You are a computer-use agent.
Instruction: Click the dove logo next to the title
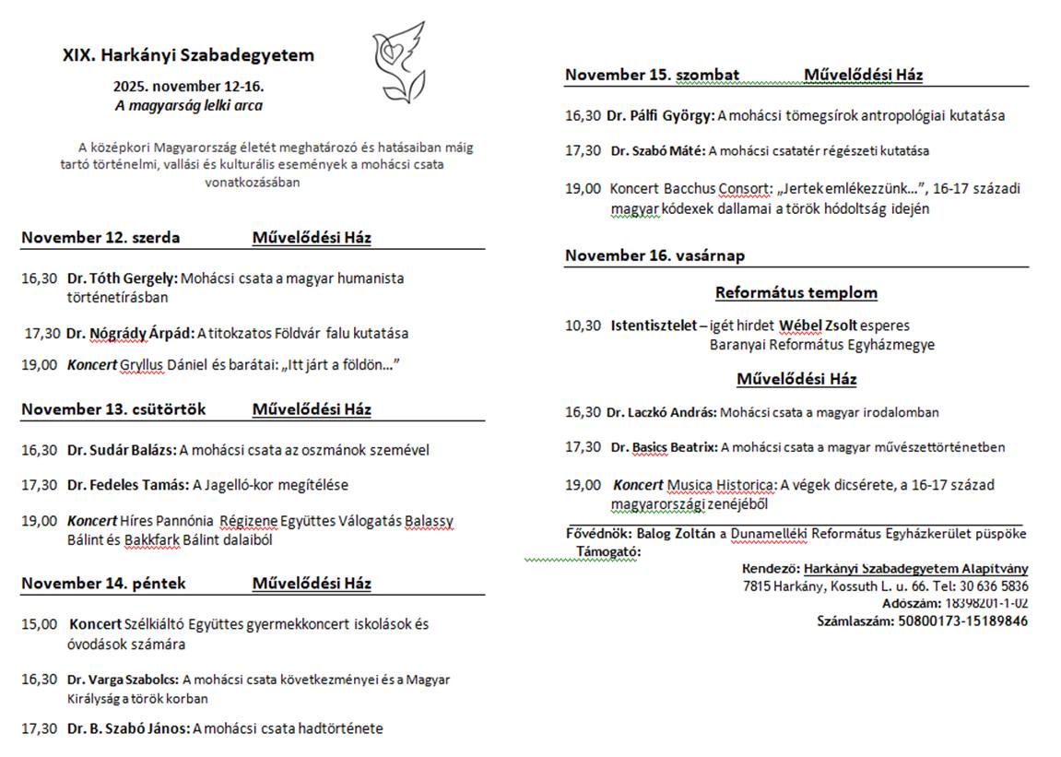click(x=398, y=62)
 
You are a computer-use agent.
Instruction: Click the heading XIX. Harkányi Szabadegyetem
click(x=188, y=55)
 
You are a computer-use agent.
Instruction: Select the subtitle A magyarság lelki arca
click(x=188, y=105)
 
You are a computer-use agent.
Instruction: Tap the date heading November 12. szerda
click(x=100, y=238)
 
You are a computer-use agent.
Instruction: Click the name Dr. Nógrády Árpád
click(x=129, y=334)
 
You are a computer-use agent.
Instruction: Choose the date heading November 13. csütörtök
click(x=113, y=409)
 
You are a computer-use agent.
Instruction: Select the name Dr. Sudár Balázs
click(x=121, y=450)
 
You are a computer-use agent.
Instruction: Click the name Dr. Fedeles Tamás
click(x=126, y=485)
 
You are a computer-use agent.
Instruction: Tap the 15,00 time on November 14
click(x=39, y=624)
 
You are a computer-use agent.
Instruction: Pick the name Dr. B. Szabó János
click(x=128, y=728)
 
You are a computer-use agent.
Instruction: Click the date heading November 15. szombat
click(x=652, y=75)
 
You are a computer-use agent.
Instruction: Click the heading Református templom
click(x=796, y=293)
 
